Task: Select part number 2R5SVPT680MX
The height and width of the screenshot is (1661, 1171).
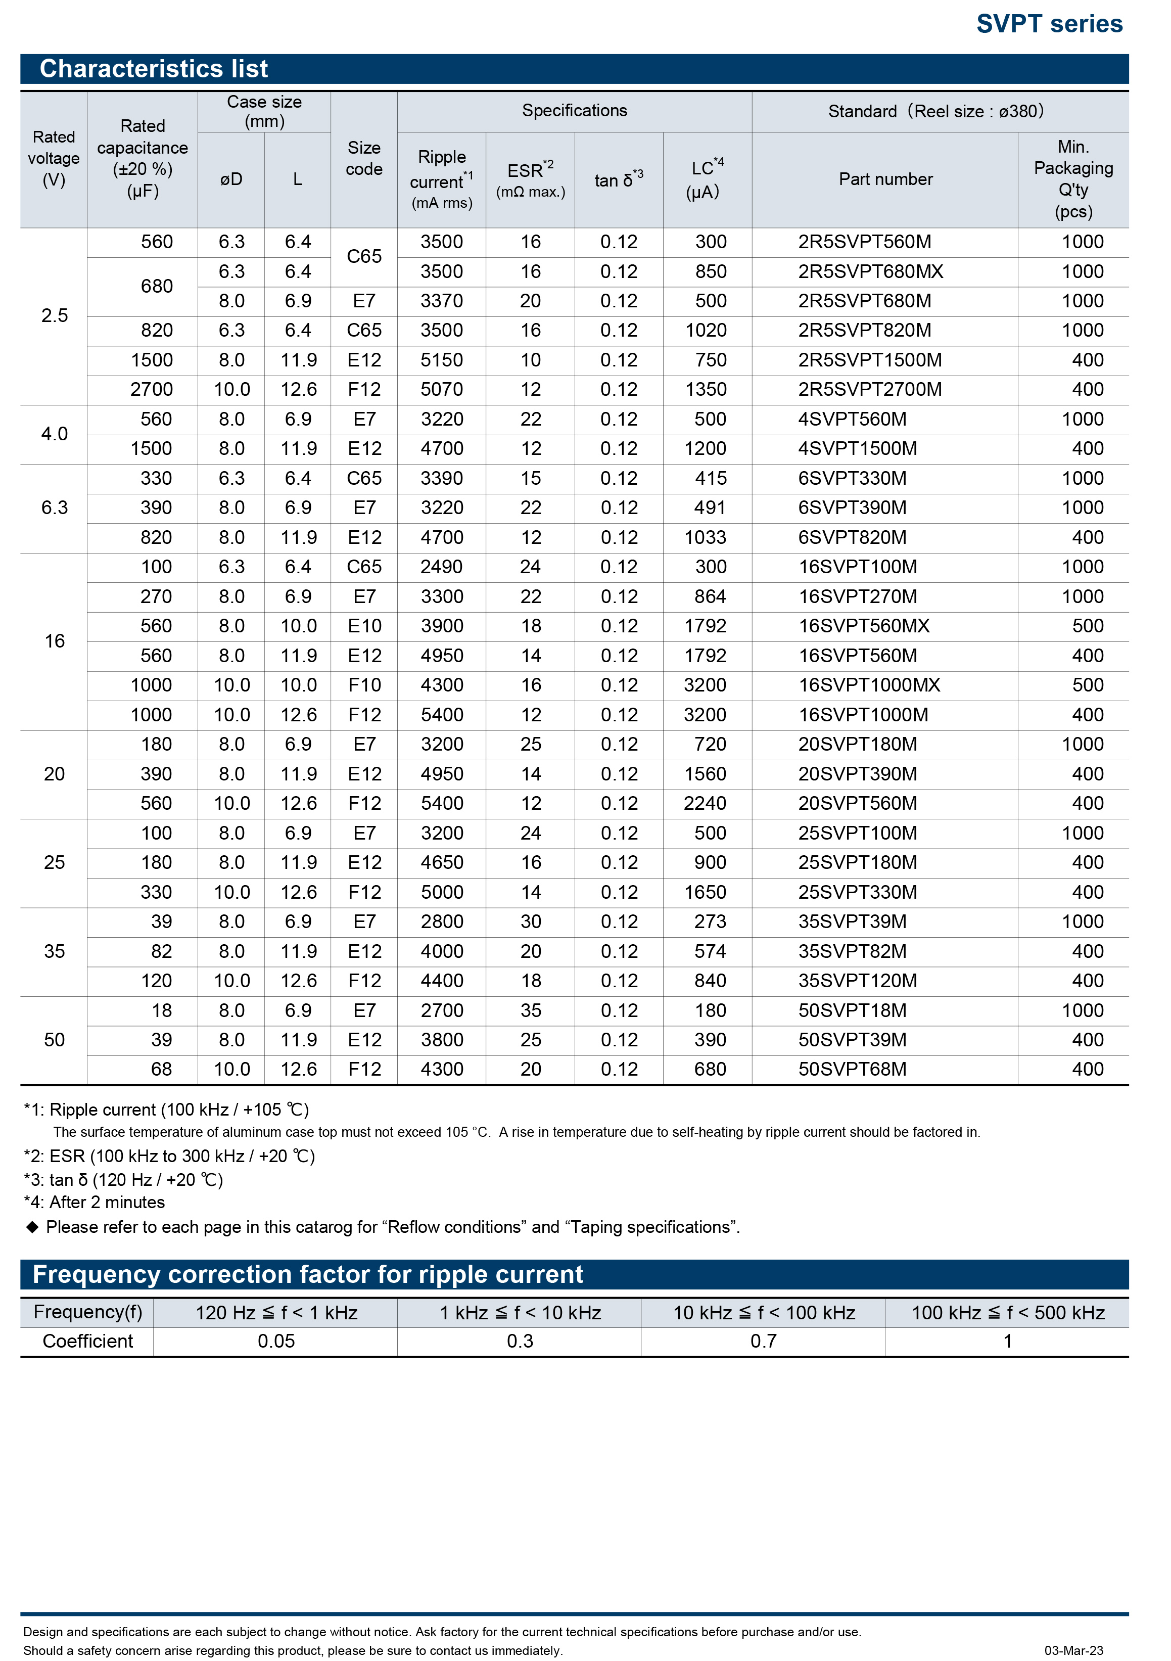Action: click(x=870, y=272)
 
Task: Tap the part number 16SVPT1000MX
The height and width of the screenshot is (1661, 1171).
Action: click(x=869, y=685)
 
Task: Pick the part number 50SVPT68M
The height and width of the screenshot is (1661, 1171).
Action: click(x=852, y=1069)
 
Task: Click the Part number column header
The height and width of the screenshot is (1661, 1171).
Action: click(x=885, y=179)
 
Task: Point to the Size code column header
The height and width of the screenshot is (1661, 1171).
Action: click(x=364, y=158)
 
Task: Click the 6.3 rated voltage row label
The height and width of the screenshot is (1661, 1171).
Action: click(x=54, y=508)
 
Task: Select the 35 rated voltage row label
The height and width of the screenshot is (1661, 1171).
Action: click(x=54, y=951)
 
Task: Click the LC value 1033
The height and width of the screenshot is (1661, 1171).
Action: click(x=705, y=537)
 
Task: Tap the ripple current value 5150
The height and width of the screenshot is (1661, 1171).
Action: click(x=441, y=360)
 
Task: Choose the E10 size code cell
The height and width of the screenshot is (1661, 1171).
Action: click(x=364, y=626)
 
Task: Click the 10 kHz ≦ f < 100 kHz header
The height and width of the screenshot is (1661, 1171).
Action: click(x=764, y=1313)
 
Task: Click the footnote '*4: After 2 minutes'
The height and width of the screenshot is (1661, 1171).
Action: click(x=94, y=1203)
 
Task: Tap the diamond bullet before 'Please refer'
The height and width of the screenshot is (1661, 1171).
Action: click(x=32, y=1227)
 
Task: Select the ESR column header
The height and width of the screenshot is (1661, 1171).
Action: click(x=530, y=179)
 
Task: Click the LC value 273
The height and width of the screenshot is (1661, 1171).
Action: click(x=710, y=921)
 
